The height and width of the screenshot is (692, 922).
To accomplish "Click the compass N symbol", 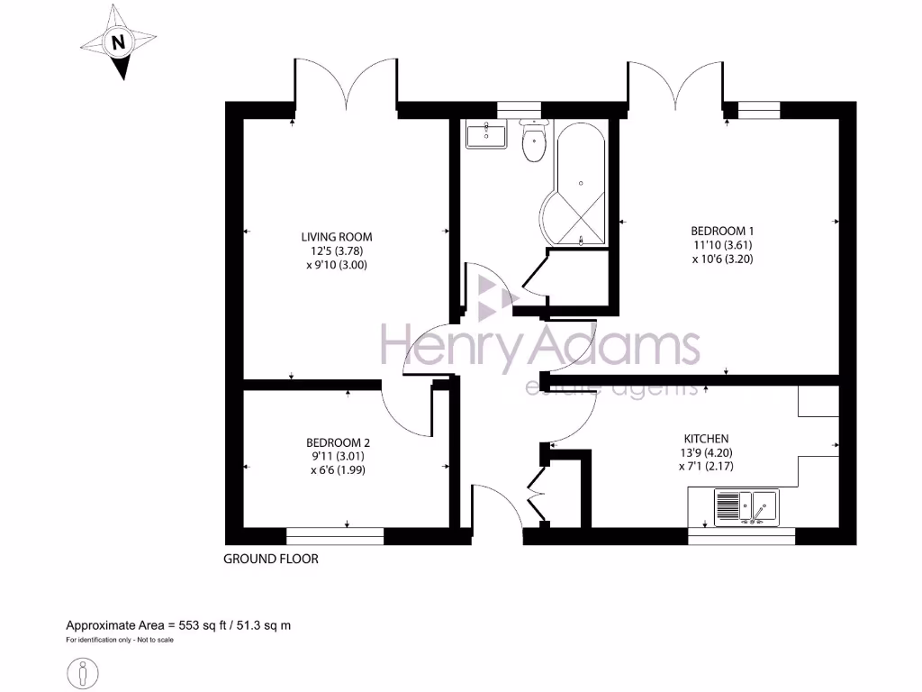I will [117, 42].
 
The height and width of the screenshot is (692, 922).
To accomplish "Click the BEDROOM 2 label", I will [338, 442].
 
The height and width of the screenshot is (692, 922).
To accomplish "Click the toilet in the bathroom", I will [534, 143].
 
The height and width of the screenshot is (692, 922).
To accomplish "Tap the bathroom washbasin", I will [489, 136].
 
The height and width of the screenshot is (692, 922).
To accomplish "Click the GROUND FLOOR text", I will [271, 559].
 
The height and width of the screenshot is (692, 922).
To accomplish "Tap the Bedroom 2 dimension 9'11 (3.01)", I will [338, 456].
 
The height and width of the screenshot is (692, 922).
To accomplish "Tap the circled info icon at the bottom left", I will [84, 673].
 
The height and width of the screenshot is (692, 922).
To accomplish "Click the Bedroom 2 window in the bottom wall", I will [335, 536].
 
